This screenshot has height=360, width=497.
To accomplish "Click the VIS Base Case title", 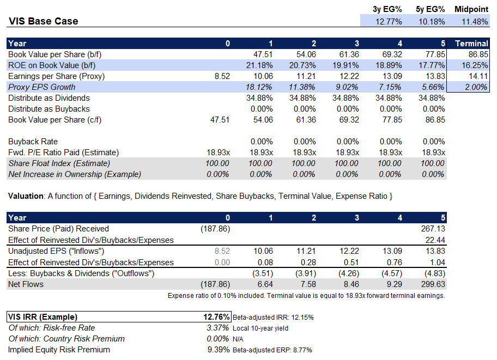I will [44, 21].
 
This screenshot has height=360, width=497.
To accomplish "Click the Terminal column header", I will [471, 44].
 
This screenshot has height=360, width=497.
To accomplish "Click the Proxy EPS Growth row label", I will [41, 87].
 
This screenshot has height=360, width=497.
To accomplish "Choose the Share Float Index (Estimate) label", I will [59, 163].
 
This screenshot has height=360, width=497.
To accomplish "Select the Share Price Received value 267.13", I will [433, 229].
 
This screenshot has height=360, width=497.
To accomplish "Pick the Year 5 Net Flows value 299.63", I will [433, 284].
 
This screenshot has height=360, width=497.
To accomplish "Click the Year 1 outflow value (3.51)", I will [260, 273].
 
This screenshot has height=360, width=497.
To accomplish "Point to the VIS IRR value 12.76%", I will [216, 317].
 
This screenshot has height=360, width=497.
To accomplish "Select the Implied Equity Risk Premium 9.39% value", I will [218, 350].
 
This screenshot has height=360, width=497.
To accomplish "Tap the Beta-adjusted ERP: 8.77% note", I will [272, 350].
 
